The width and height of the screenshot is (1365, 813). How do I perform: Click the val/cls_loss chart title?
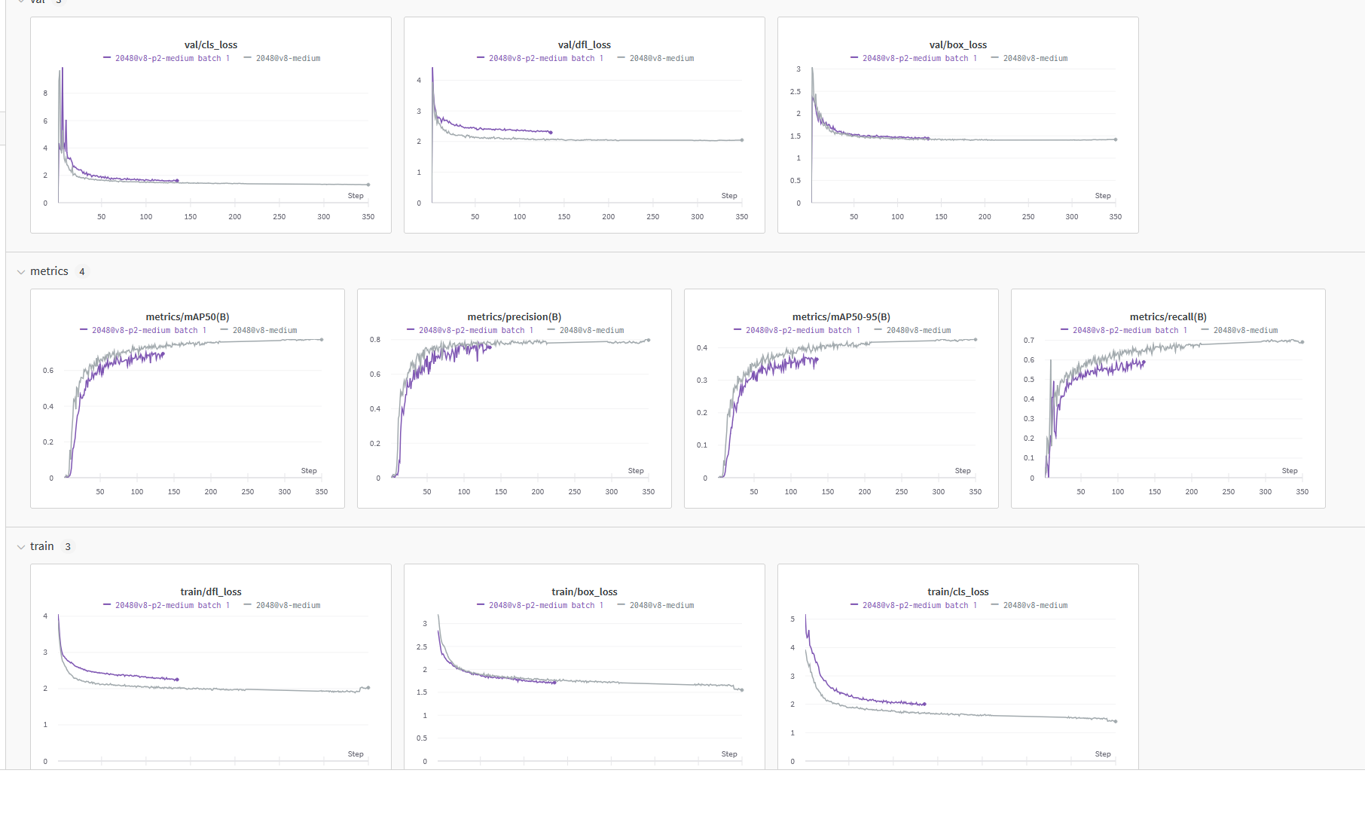pyautogui.click(x=210, y=45)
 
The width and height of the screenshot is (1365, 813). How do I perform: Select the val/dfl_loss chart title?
pyautogui.click(x=584, y=45)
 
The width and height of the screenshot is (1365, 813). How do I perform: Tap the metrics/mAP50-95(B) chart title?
pyautogui.click(x=841, y=317)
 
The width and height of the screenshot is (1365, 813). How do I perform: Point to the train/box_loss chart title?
pyautogui.click(x=584, y=592)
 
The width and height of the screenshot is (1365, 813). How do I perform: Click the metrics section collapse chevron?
pyautogui.click(x=21, y=272)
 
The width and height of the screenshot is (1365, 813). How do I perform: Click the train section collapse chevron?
pyautogui.click(x=21, y=547)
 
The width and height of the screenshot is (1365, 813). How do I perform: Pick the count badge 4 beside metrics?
pyautogui.click(x=82, y=272)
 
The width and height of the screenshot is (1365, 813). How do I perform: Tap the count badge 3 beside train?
pyautogui.click(x=68, y=547)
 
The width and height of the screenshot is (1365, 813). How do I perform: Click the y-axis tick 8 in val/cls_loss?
pyautogui.click(x=45, y=93)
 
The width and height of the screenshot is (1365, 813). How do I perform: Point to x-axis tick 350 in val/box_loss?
pyautogui.click(x=1115, y=217)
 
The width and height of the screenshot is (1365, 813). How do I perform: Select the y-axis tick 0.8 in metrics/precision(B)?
pyautogui.click(x=374, y=340)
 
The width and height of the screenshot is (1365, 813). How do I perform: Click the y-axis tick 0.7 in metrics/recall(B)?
pyautogui.click(x=1028, y=341)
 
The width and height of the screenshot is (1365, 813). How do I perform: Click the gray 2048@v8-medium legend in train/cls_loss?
pyautogui.click(x=1034, y=606)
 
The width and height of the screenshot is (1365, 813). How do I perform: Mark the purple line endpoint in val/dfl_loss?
pyautogui.click(x=551, y=133)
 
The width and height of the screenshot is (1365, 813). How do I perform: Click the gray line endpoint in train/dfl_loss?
pyautogui.click(x=368, y=687)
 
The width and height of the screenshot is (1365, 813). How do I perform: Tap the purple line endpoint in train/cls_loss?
pyautogui.click(x=924, y=704)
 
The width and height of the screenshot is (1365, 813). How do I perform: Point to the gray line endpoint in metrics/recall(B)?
pyautogui.click(x=1302, y=342)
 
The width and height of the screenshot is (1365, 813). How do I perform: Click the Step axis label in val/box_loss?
pyautogui.click(x=1102, y=196)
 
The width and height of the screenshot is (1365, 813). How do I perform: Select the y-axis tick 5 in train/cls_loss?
pyautogui.click(x=792, y=619)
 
